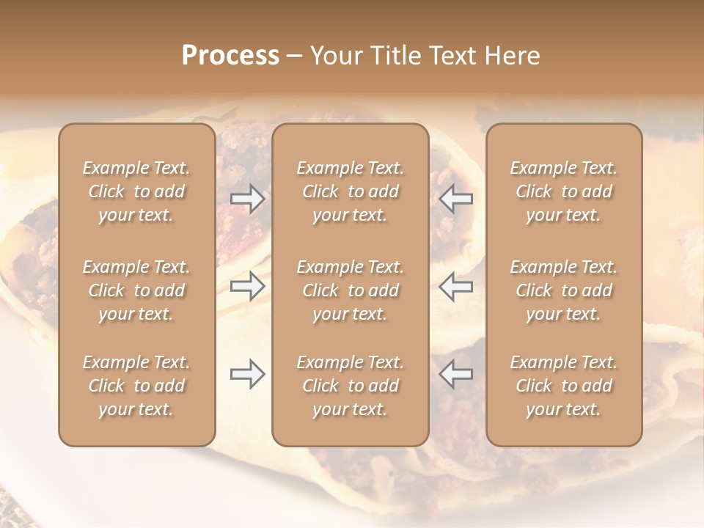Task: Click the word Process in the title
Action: click(230, 56)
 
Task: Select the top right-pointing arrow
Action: click(248, 199)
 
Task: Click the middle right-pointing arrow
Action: click(248, 286)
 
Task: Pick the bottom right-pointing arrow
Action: click(248, 374)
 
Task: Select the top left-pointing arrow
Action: click(456, 199)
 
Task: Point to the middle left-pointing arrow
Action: click(456, 286)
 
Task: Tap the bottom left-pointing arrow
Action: click(456, 374)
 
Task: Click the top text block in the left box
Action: click(136, 191)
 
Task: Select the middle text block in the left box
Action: click(136, 290)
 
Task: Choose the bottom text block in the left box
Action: click(136, 386)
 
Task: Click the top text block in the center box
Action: click(351, 191)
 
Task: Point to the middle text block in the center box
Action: click(351, 290)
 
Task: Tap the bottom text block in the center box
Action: click(351, 386)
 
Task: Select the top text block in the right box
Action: click(564, 191)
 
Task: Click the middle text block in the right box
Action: click(564, 290)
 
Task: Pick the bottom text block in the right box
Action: click(564, 386)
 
